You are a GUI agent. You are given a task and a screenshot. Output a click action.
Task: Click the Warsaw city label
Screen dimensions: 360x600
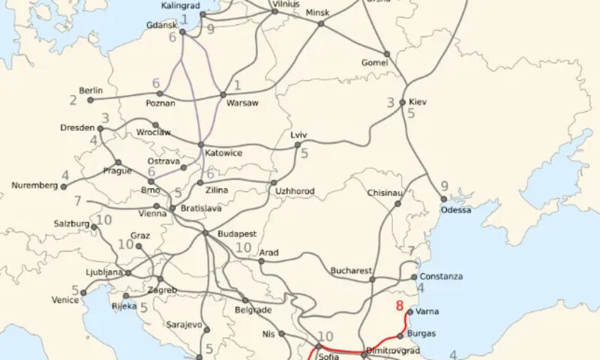pyautogui.click(x=243, y=103)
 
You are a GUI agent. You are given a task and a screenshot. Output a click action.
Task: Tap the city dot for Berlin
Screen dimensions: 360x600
pyautogui.click(x=90, y=99)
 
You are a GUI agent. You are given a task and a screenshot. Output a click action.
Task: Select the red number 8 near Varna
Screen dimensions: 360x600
pyautogui.click(x=400, y=305)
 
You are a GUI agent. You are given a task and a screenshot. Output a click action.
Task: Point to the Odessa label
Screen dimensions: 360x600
pyautogui.click(x=456, y=209)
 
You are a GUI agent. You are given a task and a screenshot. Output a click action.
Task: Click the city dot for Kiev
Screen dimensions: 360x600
pyautogui.click(x=403, y=102)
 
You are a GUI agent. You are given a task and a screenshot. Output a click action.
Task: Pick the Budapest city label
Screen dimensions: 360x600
pyautogui.click(x=238, y=234)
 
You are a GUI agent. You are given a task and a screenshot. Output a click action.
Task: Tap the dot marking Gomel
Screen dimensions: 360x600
pyautogui.click(x=387, y=54)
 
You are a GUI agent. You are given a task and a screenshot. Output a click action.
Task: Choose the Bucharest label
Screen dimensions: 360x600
pyautogui.click(x=352, y=269)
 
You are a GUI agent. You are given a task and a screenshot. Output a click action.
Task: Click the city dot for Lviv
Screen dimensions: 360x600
pyautogui.click(x=298, y=145)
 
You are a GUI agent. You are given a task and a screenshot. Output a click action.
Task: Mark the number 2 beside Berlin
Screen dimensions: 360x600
pyautogui.click(x=73, y=99)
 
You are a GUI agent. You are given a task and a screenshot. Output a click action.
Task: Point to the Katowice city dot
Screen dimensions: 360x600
pyautogui.click(x=200, y=145)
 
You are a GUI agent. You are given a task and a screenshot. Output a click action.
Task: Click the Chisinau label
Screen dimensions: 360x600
pyautogui.click(x=386, y=193)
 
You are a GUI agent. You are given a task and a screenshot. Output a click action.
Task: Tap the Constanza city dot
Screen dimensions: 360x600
pyautogui.click(x=413, y=277)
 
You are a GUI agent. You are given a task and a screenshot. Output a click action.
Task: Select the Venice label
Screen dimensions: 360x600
pyautogui.click(x=65, y=300)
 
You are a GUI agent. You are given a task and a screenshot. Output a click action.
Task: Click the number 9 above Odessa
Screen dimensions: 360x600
pyautogui.click(x=444, y=186)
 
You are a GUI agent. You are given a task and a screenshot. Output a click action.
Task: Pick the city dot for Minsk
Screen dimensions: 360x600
pyautogui.click(x=321, y=23)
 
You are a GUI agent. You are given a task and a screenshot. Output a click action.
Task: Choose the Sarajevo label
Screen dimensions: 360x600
pyautogui.click(x=184, y=325)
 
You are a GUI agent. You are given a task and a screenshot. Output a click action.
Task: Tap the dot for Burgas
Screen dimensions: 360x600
pyautogui.click(x=400, y=335)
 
